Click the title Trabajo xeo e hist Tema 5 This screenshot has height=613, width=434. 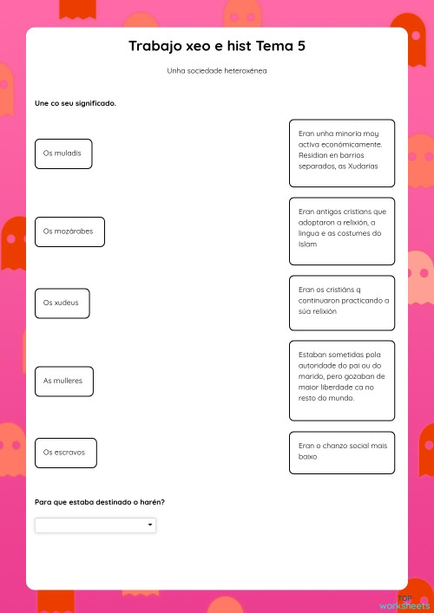click(216, 47)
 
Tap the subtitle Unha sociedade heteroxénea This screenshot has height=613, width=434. click(216, 71)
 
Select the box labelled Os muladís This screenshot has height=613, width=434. click(63, 153)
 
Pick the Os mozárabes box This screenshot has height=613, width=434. click(69, 232)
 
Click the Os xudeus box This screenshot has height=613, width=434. click(62, 303)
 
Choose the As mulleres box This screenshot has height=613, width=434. click(63, 381)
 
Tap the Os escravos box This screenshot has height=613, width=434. click(65, 452)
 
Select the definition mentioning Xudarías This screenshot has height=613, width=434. click(341, 153)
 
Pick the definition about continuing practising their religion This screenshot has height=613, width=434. click(341, 302)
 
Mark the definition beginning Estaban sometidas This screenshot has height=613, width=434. click(341, 380)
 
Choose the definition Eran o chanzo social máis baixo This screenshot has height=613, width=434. click(341, 451)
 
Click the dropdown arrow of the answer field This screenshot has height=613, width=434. click(150, 525)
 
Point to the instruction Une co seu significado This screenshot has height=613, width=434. click(75, 103)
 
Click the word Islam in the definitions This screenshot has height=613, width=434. click(307, 245)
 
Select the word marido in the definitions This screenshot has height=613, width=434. click(309, 377)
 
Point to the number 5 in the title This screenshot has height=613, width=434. click(300, 47)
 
